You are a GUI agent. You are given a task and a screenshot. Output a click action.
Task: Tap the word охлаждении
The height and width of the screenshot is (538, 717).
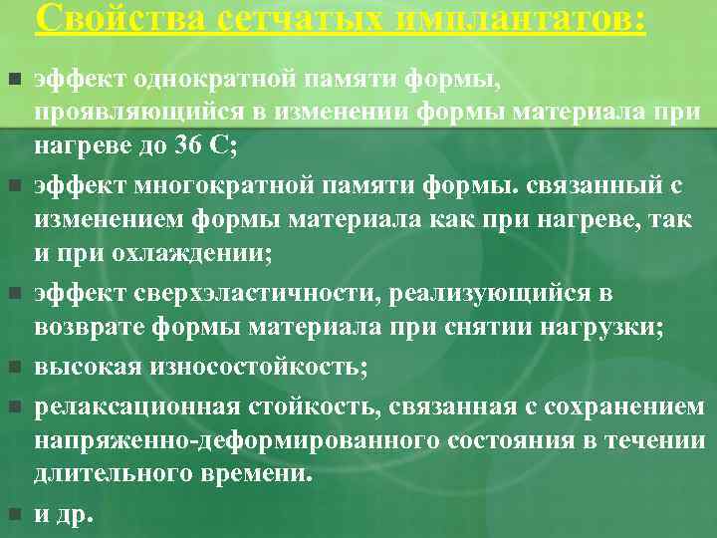(200, 252)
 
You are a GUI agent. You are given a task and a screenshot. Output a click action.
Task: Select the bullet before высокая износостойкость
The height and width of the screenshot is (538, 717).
(13, 367)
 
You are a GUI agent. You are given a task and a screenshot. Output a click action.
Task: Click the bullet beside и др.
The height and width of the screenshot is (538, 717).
(13, 514)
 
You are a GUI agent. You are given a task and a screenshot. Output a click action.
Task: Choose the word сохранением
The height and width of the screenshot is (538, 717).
(637, 405)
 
